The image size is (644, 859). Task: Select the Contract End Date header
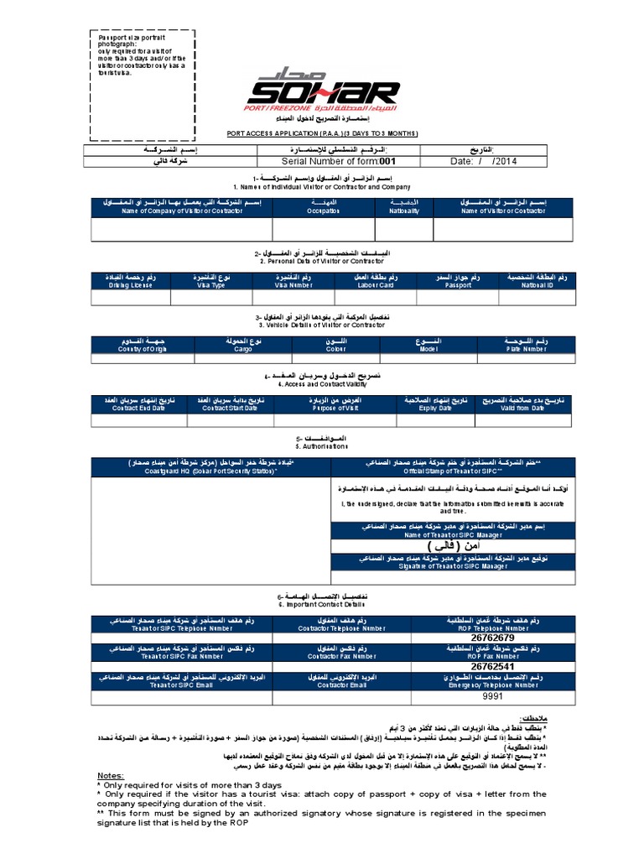pyautogui.click(x=138, y=406)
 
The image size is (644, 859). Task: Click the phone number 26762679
pyautogui.click(x=492, y=637)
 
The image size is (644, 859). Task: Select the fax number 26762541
pyautogui.click(x=492, y=666)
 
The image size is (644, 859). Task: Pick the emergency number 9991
pyautogui.click(x=492, y=696)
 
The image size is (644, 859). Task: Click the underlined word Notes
pyautogui.click(x=111, y=776)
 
